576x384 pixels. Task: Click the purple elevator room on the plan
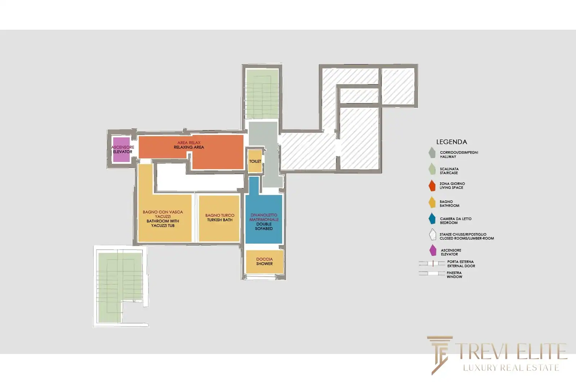click(121, 149)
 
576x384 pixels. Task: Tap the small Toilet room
click(255, 161)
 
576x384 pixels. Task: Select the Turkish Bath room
click(219, 219)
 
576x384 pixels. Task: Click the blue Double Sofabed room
click(264, 219)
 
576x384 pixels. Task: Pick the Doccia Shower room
click(265, 262)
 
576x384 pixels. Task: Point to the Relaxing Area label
click(189, 147)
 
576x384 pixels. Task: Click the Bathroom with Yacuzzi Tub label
click(163, 223)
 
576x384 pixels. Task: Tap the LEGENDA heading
click(451, 142)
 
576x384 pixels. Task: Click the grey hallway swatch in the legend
click(432, 153)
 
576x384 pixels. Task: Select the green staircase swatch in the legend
click(432, 169)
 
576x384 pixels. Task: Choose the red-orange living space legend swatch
click(432, 186)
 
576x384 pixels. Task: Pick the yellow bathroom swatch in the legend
click(432, 202)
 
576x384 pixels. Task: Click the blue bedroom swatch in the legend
click(432, 219)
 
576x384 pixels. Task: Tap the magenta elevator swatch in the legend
click(433, 250)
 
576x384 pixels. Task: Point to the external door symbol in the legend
click(432, 263)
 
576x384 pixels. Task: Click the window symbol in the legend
click(432, 273)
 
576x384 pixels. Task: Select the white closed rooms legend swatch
click(432, 234)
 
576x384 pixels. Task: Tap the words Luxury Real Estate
click(511, 367)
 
